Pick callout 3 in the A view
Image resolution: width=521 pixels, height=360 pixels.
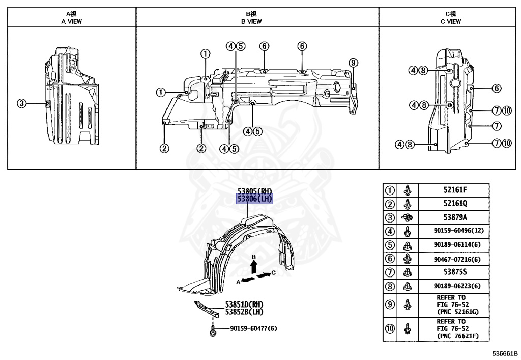point(21,103)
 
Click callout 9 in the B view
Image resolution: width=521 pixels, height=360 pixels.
point(354,63)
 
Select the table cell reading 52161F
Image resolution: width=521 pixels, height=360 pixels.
point(455,190)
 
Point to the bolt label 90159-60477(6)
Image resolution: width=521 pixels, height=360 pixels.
point(253,329)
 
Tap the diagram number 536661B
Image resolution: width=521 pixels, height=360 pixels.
point(504,353)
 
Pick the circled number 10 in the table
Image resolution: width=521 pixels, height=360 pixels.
point(390,329)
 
